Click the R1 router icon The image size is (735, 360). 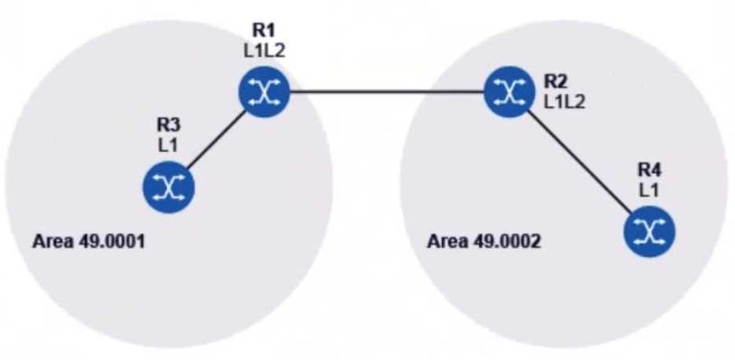click(x=264, y=93)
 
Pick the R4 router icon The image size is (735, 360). click(x=649, y=231)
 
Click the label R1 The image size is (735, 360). click(x=263, y=31)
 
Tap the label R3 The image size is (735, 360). click(x=168, y=124)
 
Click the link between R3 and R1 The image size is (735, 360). click(x=216, y=140)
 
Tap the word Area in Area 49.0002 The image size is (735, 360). click(x=443, y=241)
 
